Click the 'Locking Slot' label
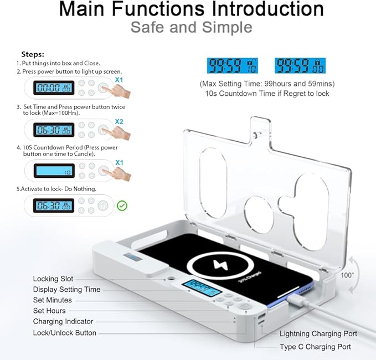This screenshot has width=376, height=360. pos(53,279)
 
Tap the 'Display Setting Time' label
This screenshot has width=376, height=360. pos(67,289)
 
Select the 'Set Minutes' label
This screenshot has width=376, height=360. pos(52,300)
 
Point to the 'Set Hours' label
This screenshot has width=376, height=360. pos(49,311)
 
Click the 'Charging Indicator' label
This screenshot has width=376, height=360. pos(63,321)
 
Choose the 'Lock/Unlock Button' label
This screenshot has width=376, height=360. pos(65,333)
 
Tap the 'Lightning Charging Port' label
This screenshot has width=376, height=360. pos(318,333)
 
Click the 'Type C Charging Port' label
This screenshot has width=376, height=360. pos(315,347)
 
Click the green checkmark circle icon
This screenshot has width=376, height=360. pos(122,206)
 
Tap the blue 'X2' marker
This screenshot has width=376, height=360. pos(120,122)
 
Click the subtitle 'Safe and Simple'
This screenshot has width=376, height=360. pos(191,27)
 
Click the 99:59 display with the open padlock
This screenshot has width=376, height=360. pos(233,66)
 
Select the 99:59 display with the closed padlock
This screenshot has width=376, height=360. pos(300,66)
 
